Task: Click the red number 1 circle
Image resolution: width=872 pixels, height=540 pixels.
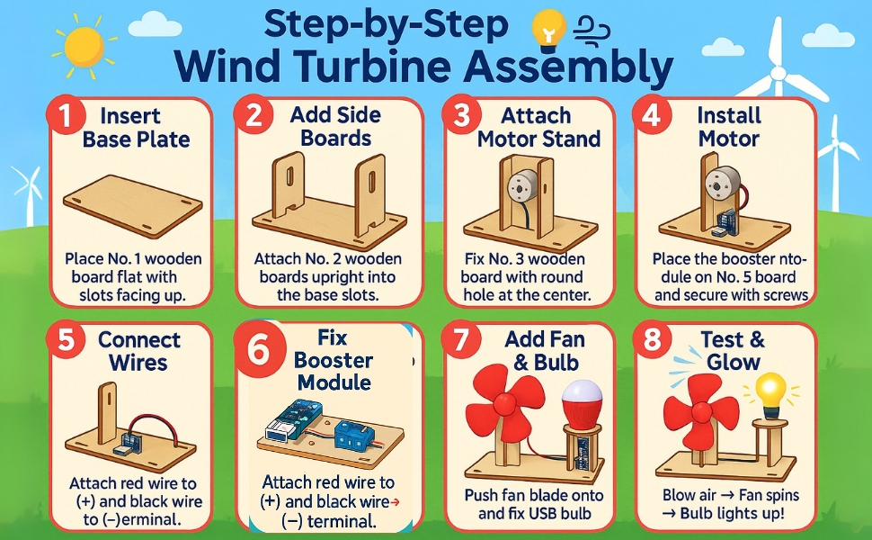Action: tap(65, 116)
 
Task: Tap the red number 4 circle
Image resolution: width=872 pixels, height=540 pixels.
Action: tap(651, 116)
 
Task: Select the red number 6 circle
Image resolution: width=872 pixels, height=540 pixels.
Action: tap(258, 351)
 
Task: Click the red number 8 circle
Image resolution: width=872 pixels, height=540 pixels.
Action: tap(651, 339)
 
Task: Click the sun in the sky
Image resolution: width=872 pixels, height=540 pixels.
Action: tap(85, 47)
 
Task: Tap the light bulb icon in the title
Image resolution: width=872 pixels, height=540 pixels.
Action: tap(549, 30)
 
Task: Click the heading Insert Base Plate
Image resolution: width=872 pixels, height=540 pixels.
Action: tap(137, 128)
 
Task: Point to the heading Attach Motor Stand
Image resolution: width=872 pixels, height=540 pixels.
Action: tap(538, 128)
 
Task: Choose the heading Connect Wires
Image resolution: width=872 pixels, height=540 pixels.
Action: tap(138, 351)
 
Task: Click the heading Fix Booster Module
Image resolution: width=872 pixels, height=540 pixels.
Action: tap(333, 360)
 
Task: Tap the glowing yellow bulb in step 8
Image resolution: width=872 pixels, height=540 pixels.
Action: tap(770, 394)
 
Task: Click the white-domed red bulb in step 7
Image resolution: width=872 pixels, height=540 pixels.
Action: tap(583, 404)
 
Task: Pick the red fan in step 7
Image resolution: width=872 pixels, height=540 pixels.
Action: tap(505, 400)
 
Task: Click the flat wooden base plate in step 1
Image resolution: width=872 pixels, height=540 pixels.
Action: tap(133, 205)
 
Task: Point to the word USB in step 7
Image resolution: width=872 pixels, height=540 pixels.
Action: tap(558, 513)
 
